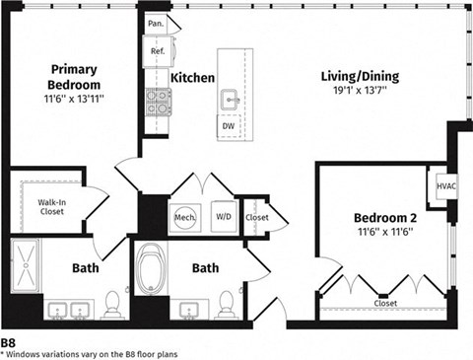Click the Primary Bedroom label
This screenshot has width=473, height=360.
click(x=74, y=76)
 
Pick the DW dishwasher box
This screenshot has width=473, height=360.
click(x=228, y=126)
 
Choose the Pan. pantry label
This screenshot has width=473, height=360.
click(x=156, y=23)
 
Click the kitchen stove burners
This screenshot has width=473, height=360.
click(x=158, y=99)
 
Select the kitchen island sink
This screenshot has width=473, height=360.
click(x=230, y=99)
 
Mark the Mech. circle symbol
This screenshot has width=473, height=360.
click(x=184, y=217)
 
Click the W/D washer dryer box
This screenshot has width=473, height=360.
click(x=224, y=217)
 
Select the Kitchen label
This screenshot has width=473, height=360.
click(x=193, y=77)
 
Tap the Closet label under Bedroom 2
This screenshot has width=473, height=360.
click(x=385, y=303)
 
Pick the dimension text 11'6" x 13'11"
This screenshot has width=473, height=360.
click(x=75, y=100)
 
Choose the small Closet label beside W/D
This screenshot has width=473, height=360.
click(x=257, y=217)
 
